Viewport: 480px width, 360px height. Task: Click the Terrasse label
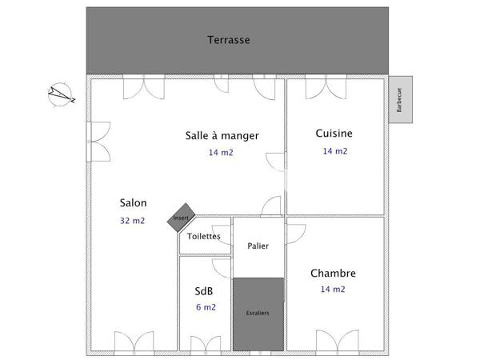tap(229, 39)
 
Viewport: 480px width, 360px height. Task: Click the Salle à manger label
tap(222, 136)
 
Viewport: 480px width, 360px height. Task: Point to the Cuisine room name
tap(334, 134)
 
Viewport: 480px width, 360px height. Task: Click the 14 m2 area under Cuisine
tap(334, 151)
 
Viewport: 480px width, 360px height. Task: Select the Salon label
tap(133, 202)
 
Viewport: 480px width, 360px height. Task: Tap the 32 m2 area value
tap(133, 220)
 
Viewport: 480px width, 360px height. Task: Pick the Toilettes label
tap(204, 236)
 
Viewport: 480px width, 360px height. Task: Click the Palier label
tap(258, 246)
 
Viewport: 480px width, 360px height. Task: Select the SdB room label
tap(204, 290)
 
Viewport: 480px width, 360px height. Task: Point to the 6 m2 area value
tap(205, 306)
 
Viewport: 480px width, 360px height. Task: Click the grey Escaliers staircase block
tap(258, 313)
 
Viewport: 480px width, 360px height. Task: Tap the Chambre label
tap(333, 274)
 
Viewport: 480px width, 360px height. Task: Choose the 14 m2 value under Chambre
tap(333, 290)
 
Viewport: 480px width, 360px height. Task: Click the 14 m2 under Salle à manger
tap(221, 152)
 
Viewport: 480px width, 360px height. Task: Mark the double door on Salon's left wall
tap(97, 142)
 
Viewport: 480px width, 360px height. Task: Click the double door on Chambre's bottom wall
tap(334, 342)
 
